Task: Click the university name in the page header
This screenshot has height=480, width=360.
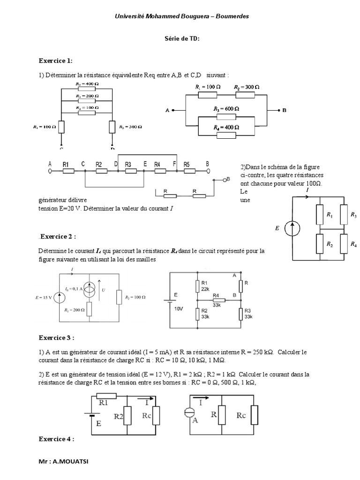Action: tap(182, 16)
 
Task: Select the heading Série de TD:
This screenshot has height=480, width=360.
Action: tap(182, 39)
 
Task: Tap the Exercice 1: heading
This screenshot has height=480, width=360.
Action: tap(55, 61)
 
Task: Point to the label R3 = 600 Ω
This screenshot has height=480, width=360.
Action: tap(226, 108)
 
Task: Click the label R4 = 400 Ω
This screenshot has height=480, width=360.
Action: tap(226, 127)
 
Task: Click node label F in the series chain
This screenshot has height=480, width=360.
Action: tap(175, 164)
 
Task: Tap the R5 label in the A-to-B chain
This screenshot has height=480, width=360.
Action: tap(187, 164)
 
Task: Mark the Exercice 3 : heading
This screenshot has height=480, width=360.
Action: tap(56, 337)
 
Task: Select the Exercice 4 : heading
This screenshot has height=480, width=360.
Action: tap(56, 439)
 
